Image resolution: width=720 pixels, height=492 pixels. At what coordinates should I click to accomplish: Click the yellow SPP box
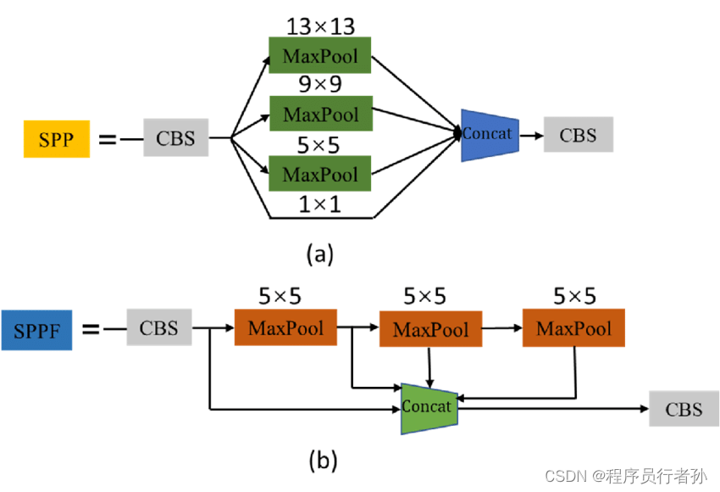tap(56, 139)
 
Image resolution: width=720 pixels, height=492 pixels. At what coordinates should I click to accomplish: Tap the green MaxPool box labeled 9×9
tap(320, 114)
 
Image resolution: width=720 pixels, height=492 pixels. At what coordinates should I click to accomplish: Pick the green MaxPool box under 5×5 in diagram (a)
tap(320, 173)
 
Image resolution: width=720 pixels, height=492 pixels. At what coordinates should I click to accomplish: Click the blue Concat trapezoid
tap(489, 134)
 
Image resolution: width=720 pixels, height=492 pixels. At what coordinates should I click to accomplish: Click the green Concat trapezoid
tap(429, 407)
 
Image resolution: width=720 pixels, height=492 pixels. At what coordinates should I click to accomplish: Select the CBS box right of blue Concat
tap(578, 135)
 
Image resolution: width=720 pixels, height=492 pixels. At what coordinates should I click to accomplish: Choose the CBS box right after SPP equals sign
tap(175, 137)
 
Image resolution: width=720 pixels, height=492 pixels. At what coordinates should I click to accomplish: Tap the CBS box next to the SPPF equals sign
tap(158, 327)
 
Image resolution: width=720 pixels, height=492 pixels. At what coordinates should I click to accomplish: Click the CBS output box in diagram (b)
tap(684, 409)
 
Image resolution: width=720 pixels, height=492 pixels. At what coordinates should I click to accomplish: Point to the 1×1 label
tap(319, 204)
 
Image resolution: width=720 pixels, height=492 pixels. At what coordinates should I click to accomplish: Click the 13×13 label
tap(320, 25)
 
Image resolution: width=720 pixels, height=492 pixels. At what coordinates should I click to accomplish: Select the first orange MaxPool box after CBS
tap(285, 327)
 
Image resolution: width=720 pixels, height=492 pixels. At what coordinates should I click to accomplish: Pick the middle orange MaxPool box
tap(430, 328)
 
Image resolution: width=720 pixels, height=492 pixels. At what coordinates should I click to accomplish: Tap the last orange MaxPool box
tap(574, 327)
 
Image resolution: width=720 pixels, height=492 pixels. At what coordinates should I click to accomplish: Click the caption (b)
tap(322, 460)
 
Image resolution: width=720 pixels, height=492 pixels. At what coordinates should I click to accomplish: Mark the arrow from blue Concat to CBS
tap(530, 134)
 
